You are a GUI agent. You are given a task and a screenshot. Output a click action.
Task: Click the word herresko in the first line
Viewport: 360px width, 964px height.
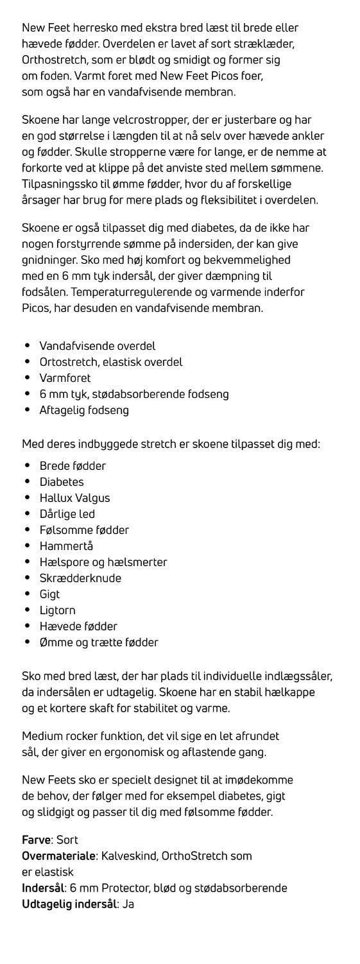pyautogui.click(x=94, y=28)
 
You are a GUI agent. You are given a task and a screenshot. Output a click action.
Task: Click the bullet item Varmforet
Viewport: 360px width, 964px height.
pyautogui.click(x=65, y=378)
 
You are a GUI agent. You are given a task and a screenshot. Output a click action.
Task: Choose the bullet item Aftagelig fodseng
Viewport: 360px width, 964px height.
pyautogui.click(x=84, y=410)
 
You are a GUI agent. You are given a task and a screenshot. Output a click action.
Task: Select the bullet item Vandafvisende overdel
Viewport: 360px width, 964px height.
pyautogui.click(x=98, y=346)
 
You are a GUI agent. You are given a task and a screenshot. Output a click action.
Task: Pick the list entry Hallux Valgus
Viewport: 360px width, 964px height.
pyautogui.click(x=74, y=498)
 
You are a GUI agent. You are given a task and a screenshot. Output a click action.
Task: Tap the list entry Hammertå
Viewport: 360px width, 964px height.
pyautogui.click(x=66, y=546)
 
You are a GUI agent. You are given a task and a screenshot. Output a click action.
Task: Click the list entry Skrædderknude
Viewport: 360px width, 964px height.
pyautogui.click(x=80, y=578)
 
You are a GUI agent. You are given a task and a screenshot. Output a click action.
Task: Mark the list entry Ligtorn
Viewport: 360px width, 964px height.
pyautogui.click(x=57, y=610)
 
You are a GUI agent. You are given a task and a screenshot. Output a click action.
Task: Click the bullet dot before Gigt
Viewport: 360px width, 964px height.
pyautogui.click(x=28, y=594)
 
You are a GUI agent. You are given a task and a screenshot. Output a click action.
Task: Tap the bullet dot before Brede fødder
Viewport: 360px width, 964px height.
pyautogui.click(x=28, y=466)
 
